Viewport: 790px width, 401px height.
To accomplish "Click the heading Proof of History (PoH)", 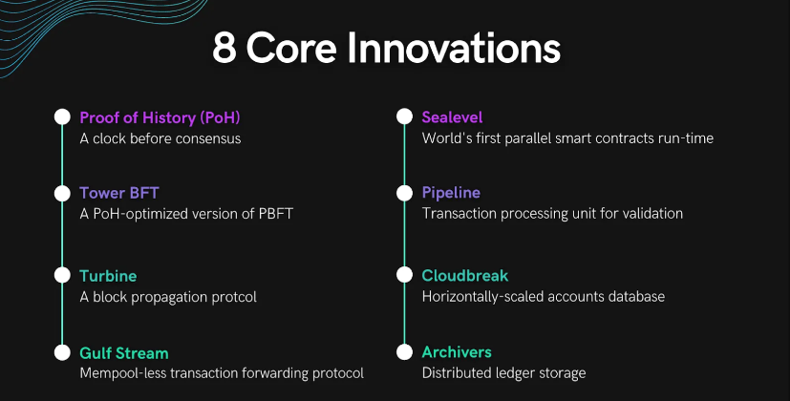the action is click(160, 117).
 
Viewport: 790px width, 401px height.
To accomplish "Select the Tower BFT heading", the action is click(119, 193).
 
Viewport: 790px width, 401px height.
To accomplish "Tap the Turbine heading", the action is click(108, 276).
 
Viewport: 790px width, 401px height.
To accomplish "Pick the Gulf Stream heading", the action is click(124, 353).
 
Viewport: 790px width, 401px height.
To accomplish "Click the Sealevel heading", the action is click(452, 117).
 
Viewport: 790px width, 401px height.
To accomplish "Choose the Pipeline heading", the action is click(451, 193).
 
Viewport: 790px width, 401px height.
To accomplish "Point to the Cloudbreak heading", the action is click(465, 276).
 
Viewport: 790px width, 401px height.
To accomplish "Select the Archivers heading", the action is click(457, 352).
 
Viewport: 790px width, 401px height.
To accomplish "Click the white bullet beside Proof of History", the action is click(62, 116).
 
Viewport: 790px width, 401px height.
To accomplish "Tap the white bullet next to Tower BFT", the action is click(62, 194).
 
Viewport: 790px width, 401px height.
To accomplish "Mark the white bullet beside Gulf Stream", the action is click(62, 352).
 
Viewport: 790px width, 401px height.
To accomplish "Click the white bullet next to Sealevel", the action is click(405, 116).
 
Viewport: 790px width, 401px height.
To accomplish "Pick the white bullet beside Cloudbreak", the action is click(405, 275).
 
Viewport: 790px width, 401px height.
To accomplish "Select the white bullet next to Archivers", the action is click(405, 352).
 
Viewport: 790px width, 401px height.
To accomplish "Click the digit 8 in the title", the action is click(224, 49).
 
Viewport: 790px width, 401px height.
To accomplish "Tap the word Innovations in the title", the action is click(454, 48).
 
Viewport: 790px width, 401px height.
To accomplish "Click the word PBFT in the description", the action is click(276, 214).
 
